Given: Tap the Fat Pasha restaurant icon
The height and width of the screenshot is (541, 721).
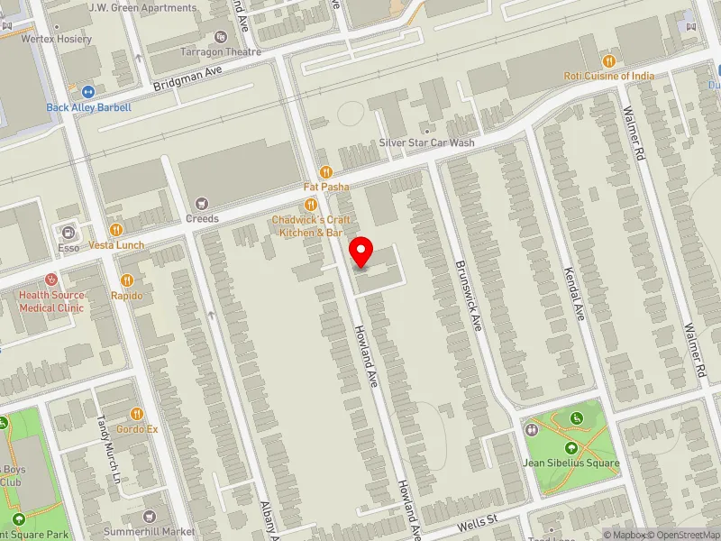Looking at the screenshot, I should click(x=326, y=172).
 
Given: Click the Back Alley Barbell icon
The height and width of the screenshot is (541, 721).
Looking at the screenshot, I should click(x=88, y=92).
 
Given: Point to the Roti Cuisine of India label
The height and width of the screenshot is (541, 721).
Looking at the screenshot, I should click(x=609, y=76).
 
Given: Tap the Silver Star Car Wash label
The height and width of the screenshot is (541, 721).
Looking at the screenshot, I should click(x=426, y=142).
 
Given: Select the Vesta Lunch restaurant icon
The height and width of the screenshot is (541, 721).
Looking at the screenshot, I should click(x=115, y=231).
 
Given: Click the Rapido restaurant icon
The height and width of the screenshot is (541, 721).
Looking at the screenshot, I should click(x=127, y=280).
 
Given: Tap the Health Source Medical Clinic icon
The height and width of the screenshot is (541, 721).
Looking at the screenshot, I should click(x=51, y=280).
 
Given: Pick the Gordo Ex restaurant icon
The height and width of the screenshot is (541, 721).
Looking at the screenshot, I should click(x=137, y=414).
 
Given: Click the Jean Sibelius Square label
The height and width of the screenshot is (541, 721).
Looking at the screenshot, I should click(x=571, y=463).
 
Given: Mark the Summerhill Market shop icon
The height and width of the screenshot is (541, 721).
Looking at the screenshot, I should click(x=150, y=517).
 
